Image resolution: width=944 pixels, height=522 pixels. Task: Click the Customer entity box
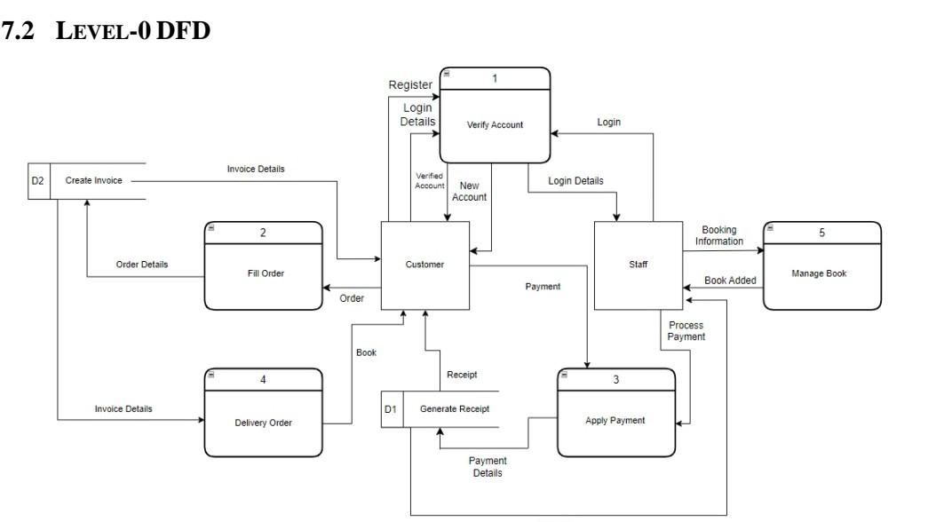click(424, 265)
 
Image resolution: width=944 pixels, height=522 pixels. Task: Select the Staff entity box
click(638, 265)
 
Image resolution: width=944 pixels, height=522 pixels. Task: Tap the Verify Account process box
click(495, 124)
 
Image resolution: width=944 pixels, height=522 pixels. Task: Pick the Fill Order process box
click(265, 273)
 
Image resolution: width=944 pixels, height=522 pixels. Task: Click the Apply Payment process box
click(615, 420)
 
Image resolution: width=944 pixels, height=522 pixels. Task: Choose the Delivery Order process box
click(265, 423)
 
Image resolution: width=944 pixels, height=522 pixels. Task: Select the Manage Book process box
click(821, 273)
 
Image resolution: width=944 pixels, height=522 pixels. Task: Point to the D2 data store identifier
click(39, 180)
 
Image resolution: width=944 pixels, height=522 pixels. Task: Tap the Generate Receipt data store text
click(455, 408)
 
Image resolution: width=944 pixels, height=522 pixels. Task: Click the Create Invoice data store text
click(93, 180)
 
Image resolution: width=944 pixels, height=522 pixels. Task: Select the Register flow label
click(410, 84)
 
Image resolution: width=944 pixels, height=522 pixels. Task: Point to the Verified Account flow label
click(430, 180)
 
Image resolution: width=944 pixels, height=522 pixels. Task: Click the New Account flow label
click(469, 191)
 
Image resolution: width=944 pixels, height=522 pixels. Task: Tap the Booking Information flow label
click(718, 235)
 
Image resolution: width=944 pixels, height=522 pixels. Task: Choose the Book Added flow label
click(730, 281)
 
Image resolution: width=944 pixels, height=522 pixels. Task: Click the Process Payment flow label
click(686, 331)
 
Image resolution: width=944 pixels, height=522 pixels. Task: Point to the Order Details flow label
click(142, 265)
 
